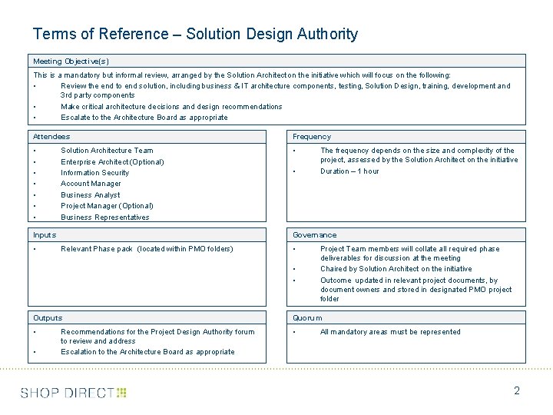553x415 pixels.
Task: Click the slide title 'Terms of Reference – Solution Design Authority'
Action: (195, 34)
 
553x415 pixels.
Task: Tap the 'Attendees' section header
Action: (51, 136)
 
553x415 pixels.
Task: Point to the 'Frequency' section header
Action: (312, 136)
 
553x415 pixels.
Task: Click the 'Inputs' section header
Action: (45, 234)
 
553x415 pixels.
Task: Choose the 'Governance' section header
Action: (314, 234)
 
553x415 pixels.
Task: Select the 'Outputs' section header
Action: (48, 317)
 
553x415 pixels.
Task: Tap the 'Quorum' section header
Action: (307, 317)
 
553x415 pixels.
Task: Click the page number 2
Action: (517, 390)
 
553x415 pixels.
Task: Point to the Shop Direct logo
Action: (73, 393)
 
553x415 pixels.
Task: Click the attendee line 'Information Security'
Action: (95, 173)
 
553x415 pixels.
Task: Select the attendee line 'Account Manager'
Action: (91, 184)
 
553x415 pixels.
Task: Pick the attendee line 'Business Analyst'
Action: (91, 195)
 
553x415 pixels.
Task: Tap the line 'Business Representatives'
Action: (105, 217)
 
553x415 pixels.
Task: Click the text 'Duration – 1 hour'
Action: (349, 171)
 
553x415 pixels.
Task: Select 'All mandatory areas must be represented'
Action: (390, 332)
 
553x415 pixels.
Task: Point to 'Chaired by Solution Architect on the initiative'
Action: (396, 269)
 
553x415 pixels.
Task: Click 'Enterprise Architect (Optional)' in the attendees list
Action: (112, 162)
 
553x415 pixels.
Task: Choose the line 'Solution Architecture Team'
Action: (107, 151)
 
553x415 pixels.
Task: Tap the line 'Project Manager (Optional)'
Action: (107, 206)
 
